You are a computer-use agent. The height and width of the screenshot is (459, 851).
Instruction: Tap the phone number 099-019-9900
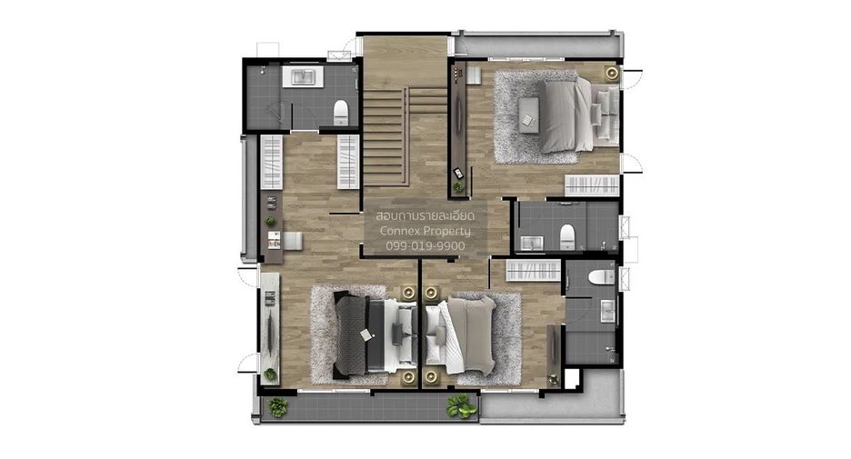425,245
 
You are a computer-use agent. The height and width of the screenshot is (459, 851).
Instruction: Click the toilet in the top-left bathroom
340,112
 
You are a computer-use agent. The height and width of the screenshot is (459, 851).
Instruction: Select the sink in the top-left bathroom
302,76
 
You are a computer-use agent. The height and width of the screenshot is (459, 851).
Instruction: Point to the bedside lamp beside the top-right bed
612,73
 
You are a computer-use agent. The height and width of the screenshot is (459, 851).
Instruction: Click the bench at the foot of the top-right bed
527,114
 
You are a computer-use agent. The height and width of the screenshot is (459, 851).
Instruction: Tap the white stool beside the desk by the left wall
293,240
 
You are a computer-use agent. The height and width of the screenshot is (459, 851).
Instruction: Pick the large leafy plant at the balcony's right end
461,405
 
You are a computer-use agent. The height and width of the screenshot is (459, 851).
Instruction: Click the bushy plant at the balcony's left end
278,407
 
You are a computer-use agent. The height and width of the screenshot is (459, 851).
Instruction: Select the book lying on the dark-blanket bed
366,335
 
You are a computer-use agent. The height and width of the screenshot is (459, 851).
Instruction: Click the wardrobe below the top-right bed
592,185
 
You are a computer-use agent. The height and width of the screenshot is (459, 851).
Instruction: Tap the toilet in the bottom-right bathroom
601,276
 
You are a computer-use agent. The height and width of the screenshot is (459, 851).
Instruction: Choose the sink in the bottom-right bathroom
607,312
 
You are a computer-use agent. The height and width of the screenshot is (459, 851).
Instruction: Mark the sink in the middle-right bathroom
531,244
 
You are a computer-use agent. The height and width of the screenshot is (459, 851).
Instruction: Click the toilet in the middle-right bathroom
567,236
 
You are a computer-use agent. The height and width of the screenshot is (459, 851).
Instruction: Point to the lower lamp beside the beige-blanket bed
432,376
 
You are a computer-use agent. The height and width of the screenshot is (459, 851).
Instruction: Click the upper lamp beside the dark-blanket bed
408,293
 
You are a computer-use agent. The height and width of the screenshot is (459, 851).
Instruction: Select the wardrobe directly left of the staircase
348,162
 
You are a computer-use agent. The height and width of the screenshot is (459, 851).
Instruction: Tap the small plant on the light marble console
270,374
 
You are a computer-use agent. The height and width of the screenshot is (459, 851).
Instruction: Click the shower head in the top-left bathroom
263,70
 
